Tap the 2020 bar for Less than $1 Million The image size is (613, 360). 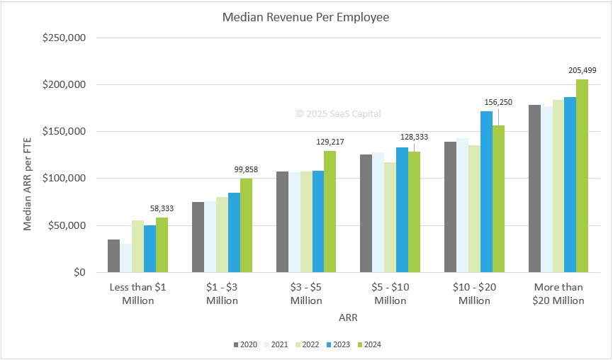tap(113, 256)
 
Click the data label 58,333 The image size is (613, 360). tap(162, 208)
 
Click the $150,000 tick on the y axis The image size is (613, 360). tap(64, 132)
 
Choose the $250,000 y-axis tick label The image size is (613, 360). tap(64, 38)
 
